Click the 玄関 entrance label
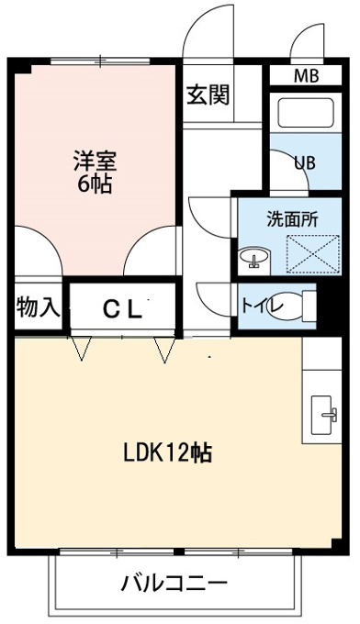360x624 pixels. coord(208,95)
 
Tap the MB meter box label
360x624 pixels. coord(306,75)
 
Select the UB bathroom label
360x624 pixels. coord(305,162)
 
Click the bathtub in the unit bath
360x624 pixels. coord(306,112)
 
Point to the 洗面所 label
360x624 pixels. coord(292,218)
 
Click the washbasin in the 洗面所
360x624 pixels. coord(255,257)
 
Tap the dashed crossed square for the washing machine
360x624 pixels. coord(313,254)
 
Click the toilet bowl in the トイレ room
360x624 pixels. coord(285,306)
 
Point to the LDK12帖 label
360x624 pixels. coord(167,452)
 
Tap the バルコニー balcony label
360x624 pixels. coord(174,584)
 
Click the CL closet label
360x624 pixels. coord(123,309)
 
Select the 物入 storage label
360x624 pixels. coord(39,306)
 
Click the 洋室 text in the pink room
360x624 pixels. coord(95,161)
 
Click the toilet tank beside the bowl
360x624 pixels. coord(309,306)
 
